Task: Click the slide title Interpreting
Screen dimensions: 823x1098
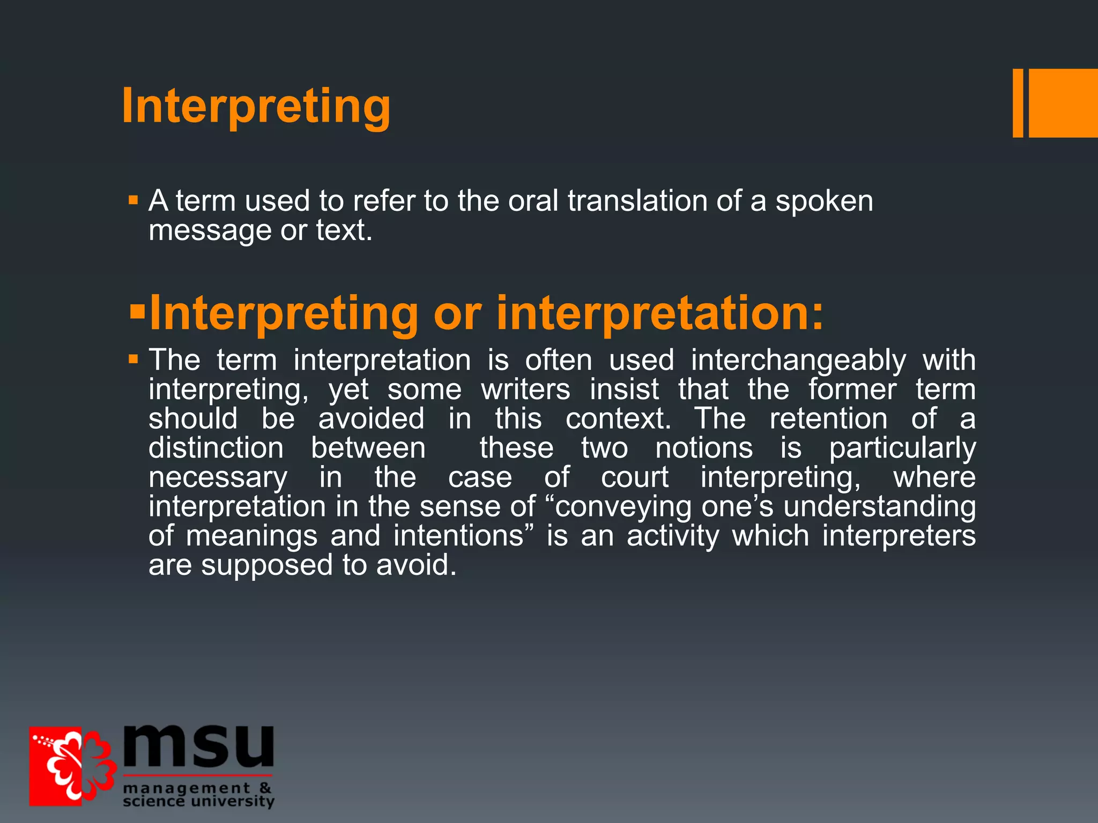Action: click(256, 106)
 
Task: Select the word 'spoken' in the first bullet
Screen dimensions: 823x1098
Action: click(824, 202)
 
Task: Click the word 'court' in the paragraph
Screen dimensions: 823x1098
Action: click(634, 477)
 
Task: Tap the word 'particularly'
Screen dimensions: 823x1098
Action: click(902, 448)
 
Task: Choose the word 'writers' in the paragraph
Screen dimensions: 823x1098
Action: click(525, 389)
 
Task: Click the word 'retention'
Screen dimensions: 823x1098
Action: click(828, 418)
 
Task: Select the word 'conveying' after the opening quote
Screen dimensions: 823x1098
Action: click(623, 507)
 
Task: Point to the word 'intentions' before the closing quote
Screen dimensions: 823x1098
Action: click(458, 536)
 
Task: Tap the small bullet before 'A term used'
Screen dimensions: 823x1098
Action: click(133, 201)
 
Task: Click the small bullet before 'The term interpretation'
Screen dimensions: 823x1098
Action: click(133, 360)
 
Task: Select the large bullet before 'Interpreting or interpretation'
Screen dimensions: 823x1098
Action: click(137, 311)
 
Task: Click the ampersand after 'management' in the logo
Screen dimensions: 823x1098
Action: click(265, 788)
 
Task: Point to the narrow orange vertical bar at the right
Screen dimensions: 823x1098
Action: click(1018, 103)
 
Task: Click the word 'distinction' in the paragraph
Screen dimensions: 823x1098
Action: click(216, 448)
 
